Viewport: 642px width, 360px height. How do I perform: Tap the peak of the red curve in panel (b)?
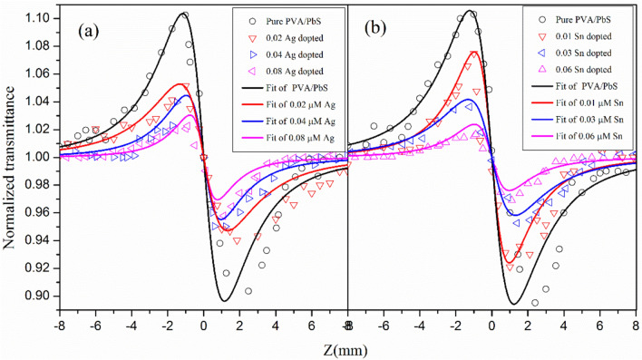click(475, 52)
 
